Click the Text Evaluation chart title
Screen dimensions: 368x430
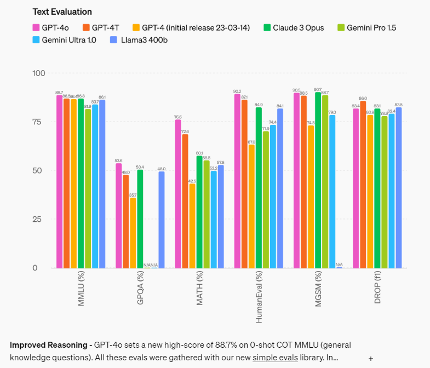pos(62,12)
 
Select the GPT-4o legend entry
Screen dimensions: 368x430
pos(50,27)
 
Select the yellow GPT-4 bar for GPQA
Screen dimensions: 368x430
pos(133,233)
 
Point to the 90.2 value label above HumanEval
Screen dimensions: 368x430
pos(237,91)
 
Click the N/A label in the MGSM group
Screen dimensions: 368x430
pos(340,264)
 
